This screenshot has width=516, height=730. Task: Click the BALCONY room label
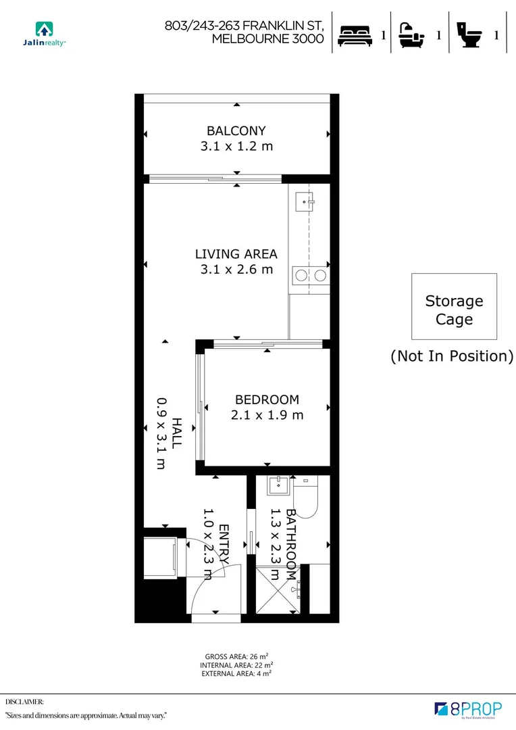coord(236,130)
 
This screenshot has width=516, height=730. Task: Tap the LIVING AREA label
coord(236,254)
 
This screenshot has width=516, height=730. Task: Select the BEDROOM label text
coord(267,399)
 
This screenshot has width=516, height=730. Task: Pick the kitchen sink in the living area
coord(309,200)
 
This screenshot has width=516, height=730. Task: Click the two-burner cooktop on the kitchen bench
coord(310,274)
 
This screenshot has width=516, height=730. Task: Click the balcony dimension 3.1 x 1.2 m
coord(236,146)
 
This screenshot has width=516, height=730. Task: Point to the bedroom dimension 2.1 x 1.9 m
coord(267,415)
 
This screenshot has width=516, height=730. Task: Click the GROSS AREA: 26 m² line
coord(236,656)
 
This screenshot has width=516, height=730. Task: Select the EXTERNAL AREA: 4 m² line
coord(236,674)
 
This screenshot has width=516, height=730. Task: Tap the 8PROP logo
coord(469,709)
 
